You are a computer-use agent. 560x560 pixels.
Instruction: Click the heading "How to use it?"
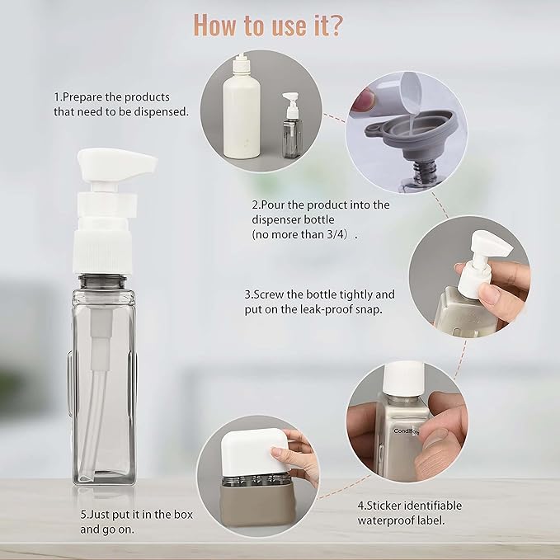(x=269, y=25)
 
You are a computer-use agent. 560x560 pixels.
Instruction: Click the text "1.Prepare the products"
(x=111, y=96)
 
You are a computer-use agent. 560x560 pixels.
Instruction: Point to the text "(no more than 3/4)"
(x=305, y=234)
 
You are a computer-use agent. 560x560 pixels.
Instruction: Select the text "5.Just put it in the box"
(x=137, y=514)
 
